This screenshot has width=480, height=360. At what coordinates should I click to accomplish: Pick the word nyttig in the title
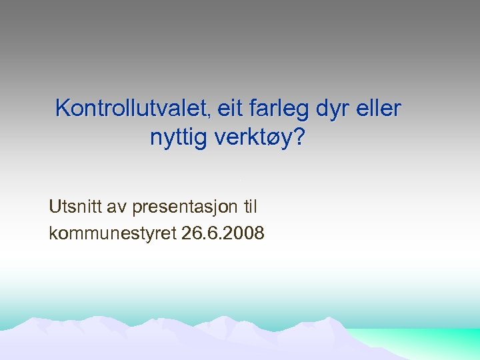point(178,138)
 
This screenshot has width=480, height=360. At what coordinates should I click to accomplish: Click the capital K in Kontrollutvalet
point(63,108)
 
